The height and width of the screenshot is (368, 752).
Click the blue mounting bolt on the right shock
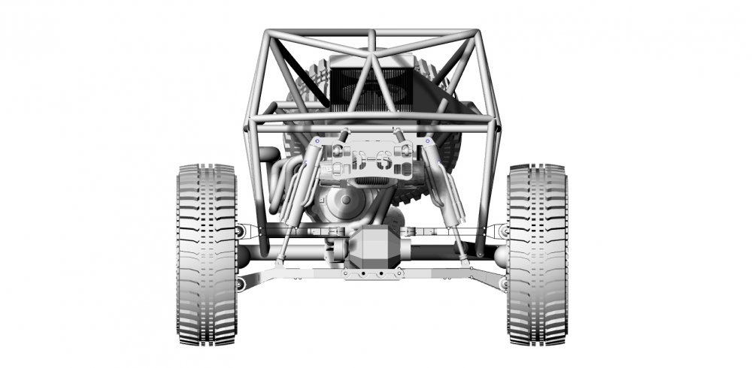click(428, 141)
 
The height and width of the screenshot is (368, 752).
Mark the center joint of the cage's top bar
click(372, 33)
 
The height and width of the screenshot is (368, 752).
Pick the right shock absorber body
click(444, 188)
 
